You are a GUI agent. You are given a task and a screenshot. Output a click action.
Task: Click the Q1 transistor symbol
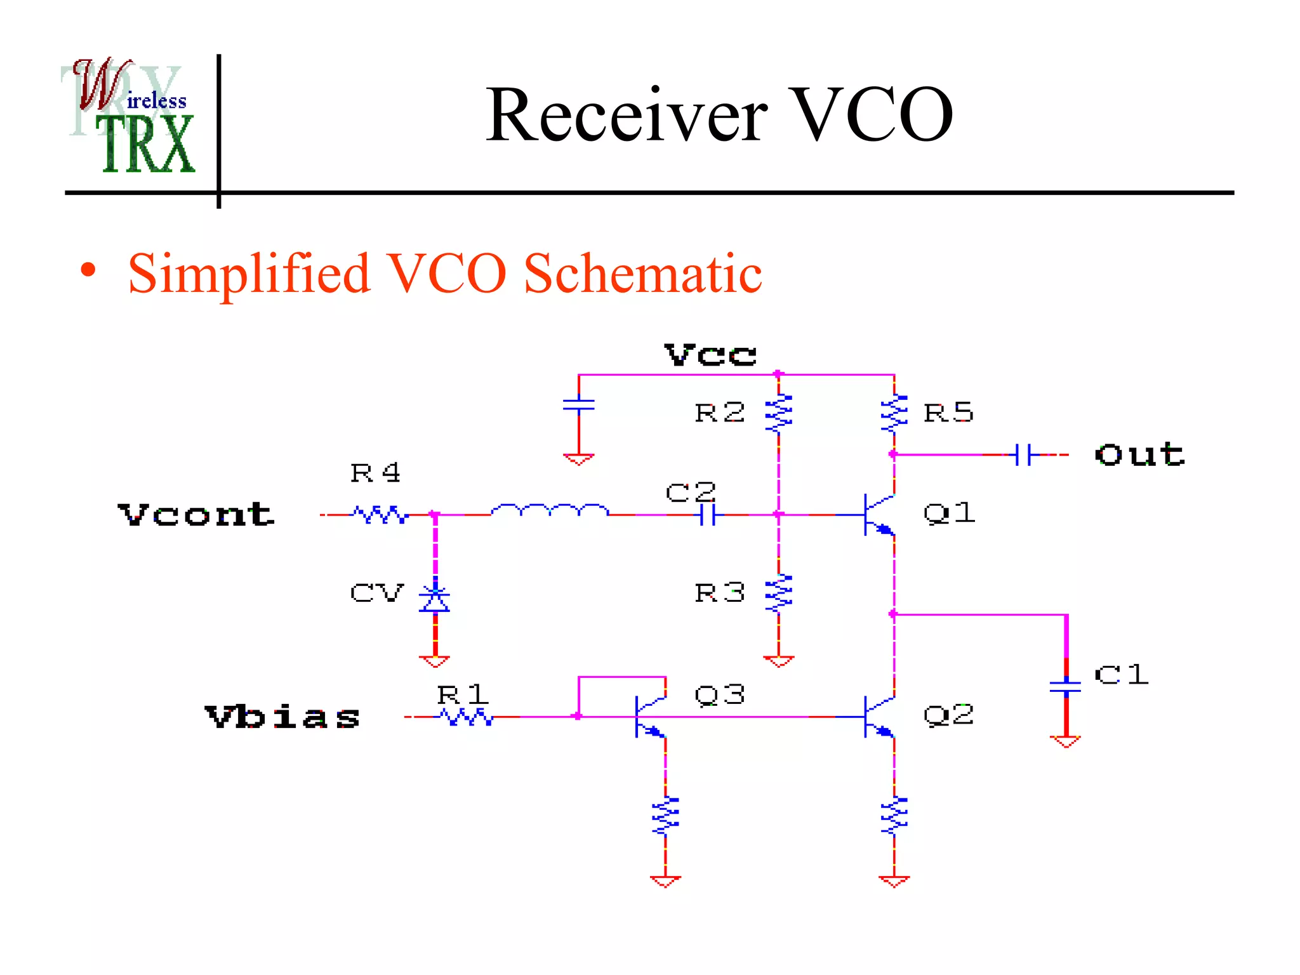[x=879, y=514]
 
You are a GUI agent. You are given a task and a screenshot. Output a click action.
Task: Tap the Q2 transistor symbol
[x=879, y=717]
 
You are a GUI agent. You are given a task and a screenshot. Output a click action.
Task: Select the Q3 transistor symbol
[x=650, y=717]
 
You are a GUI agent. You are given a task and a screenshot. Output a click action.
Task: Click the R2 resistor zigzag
[x=779, y=413]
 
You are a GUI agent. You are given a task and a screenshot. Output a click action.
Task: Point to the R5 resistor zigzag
[x=894, y=413]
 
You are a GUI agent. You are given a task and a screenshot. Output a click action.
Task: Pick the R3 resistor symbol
[x=779, y=594]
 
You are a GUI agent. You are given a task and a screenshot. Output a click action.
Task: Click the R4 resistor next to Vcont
[x=380, y=514]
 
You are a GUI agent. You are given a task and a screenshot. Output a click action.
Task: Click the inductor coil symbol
[x=550, y=510]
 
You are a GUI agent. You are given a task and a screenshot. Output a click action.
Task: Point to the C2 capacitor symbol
[x=708, y=515]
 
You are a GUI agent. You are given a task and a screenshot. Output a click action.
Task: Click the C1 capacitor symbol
[x=1066, y=686]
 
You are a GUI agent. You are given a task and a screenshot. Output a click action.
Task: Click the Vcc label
[x=710, y=354]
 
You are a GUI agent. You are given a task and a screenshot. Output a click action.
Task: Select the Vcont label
[x=196, y=514]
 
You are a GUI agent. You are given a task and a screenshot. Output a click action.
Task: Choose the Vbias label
[x=282, y=717]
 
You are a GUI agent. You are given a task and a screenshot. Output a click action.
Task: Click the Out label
[x=1139, y=454]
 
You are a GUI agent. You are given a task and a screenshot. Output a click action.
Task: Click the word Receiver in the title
[x=626, y=115]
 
